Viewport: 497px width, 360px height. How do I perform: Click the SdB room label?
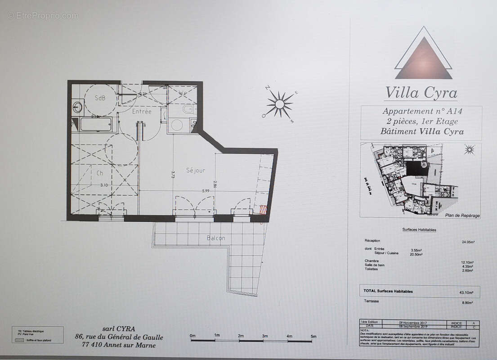pyautogui.click(x=100, y=98)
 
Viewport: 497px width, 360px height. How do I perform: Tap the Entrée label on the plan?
pyautogui.click(x=142, y=111)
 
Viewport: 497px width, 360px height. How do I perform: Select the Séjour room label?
pyautogui.click(x=196, y=170)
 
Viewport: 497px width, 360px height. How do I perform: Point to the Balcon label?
pyautogui.click(x=216, y=238)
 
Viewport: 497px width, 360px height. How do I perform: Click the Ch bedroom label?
pyautogui.click(x=100, y=172)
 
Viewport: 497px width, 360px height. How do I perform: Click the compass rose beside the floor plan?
pyautogui.click(x=279, y=104)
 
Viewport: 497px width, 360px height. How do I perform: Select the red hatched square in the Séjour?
pyautogui.click(x=263, y=209)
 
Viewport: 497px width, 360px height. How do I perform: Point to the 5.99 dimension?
pyautogui.click(x=206, y=191)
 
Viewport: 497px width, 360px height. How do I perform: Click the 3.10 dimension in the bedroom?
pyautogui.click(x=104, y=185)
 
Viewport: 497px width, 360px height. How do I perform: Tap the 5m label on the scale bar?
pyautogui.click(x=313, y=336)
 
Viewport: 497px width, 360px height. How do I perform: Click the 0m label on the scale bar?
pyautogui.click(x=193, y=336)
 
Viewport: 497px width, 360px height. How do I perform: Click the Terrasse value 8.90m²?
pyautogui.click(x=468, y=303)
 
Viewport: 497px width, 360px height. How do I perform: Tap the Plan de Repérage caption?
pyautogui.click(x=462, y=216)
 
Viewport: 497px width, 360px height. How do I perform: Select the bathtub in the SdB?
pyautogui.click(x=96, y=124)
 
